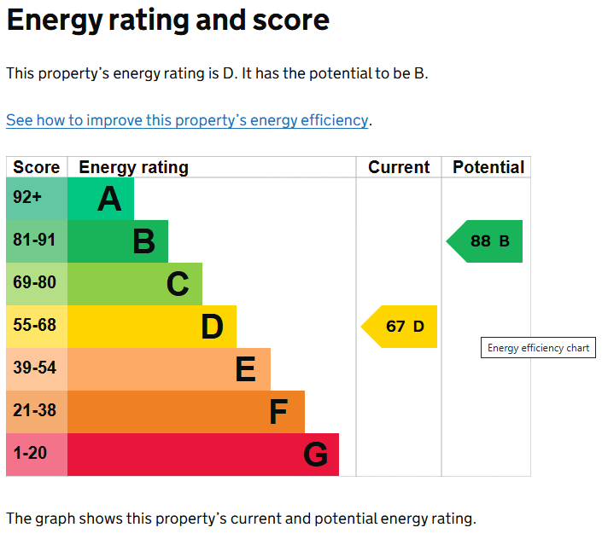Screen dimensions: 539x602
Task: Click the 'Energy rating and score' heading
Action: click(x=167, y=20)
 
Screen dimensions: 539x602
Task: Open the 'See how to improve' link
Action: click(x=187, y=120)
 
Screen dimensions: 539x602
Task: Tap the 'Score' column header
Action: click(x=37, y=167)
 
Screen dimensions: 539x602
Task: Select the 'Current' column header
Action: click(x=399, y=167)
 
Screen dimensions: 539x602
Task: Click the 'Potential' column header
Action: click(x=488, y=167)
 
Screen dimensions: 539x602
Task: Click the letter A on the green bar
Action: click(x=109, y=200)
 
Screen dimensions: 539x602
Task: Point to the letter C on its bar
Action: click(x=178, y=285)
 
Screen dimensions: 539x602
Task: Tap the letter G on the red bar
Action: click(x=315, y=455)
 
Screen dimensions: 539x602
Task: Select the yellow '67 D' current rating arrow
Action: click(x=400, y=327)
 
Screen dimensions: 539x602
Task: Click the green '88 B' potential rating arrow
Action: click(x=486, y=241)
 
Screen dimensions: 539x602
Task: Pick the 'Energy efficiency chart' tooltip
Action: click(x=538, y=348)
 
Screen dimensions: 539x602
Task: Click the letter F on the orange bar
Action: click(x=278, y=413)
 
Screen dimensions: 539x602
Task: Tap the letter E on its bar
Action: click(x=245, y=370)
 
